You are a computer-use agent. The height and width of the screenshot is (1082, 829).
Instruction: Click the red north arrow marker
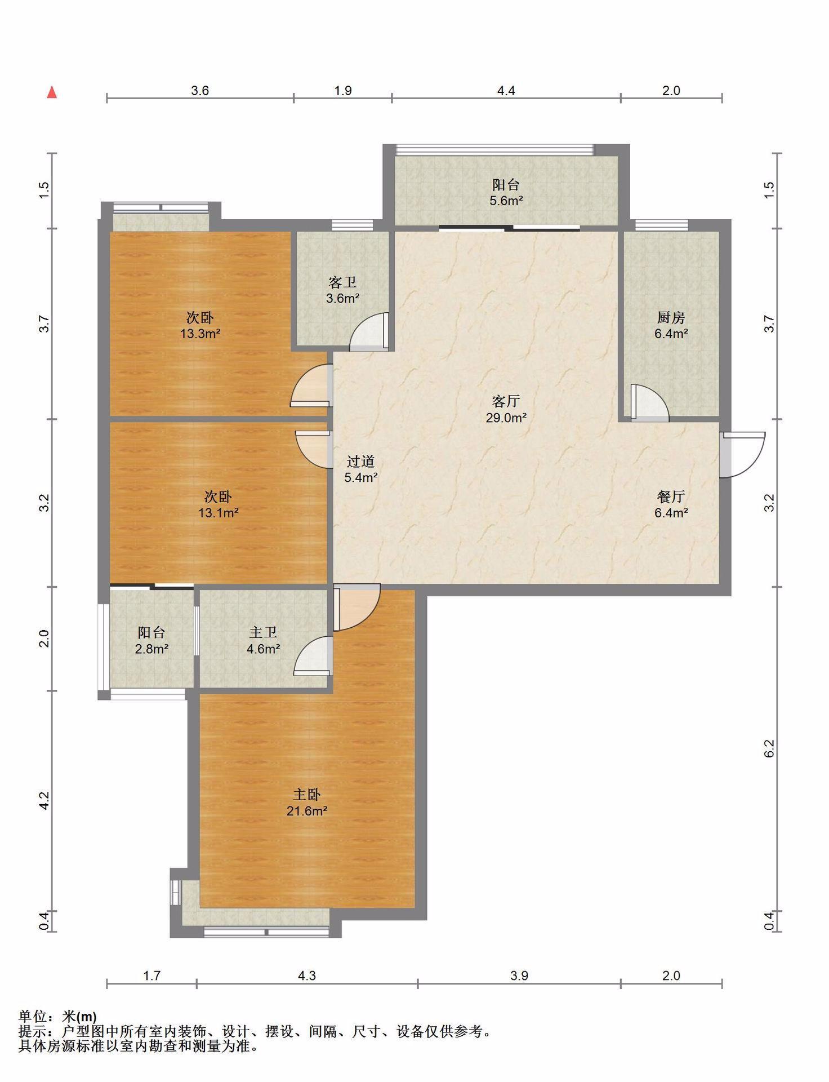(x=52, y=92)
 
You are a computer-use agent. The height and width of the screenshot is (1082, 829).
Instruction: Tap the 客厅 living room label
(x=506, y=401)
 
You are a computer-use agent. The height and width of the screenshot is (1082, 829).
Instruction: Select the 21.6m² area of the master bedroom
(x=307, y=811)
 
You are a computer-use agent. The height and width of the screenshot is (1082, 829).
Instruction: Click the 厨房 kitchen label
(x=671, y=317)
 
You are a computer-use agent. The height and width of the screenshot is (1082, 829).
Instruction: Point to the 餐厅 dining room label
(x=671, y=496)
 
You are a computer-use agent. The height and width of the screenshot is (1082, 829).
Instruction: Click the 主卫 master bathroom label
(x=263, y=632)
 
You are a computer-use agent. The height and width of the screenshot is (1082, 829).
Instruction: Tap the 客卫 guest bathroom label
(x=342, y=282)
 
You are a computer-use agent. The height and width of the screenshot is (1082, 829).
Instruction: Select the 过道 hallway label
(x=360, y=462)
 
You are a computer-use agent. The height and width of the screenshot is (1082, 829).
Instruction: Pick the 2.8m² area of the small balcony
(x=151, y=649)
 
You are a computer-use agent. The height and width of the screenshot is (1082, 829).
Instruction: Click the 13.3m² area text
(x=200, y=334)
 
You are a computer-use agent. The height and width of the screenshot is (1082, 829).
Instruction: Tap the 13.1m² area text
(x=218, y=513)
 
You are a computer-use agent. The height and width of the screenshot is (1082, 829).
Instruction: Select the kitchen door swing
(x=649, y=402)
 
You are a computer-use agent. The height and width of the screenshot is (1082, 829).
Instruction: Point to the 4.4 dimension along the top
(x=506, y=90)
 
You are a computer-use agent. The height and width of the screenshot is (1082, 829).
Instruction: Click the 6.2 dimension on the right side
(x=770, y=748)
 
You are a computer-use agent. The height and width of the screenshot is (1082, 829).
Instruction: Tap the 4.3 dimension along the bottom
(x=307, y=975)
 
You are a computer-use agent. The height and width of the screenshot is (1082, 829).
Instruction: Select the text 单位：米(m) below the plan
(x=57, y=1017)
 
